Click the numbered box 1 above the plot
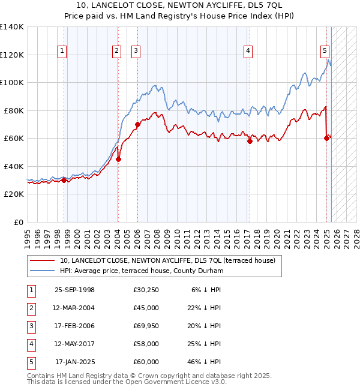(63, 51)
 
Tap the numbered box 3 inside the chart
(136, 51)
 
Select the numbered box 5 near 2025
(325, 51)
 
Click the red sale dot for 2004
(119, 159)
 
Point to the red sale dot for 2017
(250, 142)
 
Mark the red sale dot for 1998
(64, 180)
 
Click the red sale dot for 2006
(137, 125)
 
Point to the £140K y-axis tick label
(12, 27)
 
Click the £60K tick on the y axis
(14, 139)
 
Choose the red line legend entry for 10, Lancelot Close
(167, 260)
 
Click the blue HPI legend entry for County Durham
(141, 271)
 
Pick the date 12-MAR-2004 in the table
(74, 308)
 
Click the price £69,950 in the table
(146, 326)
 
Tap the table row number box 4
(30, 344)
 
